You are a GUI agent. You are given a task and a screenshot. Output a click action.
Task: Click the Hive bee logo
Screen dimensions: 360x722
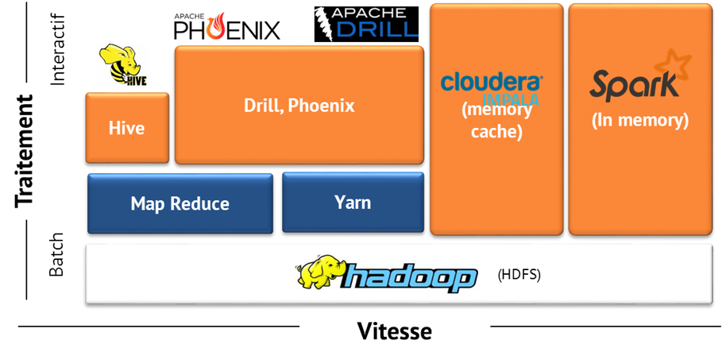click(x=122, y=64)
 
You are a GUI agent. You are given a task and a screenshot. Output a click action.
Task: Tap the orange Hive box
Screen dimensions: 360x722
click(x=127, y=127)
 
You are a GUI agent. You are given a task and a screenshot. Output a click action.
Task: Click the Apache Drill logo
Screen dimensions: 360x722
click(x=366, y=22)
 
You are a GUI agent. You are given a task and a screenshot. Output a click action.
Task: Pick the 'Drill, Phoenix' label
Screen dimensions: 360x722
click(x=299, y=105)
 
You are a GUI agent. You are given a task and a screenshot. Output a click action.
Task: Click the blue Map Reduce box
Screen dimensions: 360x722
click(x=180, y=203)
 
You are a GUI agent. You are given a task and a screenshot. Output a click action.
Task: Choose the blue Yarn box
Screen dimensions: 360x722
click(x=353, y=202)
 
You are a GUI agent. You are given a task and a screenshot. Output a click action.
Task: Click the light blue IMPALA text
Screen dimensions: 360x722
click(x=511, y=99)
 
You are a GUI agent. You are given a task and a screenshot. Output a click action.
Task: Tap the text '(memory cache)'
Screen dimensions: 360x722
click(x=496, y=122)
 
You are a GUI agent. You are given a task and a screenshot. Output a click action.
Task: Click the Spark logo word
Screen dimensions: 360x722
click(x=633, y=85)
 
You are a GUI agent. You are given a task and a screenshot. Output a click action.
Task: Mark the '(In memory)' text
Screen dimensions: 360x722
click(x=639, y=121)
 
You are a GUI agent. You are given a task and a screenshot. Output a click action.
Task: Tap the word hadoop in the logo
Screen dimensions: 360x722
click(x=411, y=277)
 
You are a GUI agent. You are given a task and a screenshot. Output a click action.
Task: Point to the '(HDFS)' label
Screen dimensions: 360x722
click(x=519, y=276)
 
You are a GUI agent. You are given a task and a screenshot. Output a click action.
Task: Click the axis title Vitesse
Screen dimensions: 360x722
click(x=395, y=331)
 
